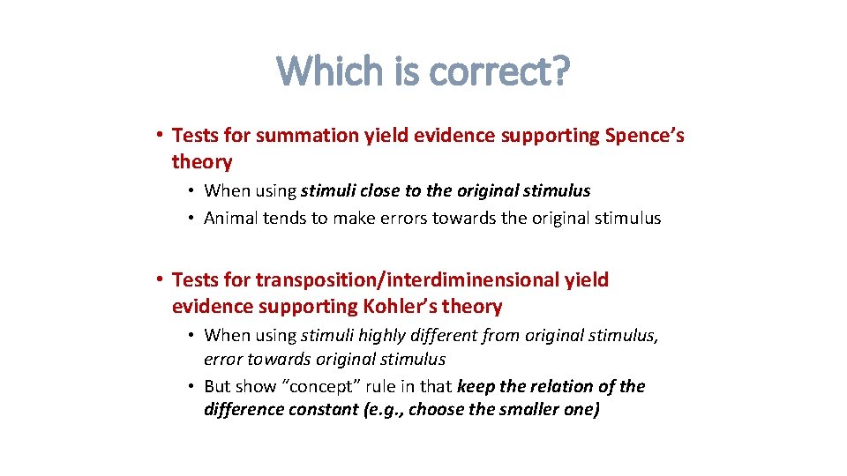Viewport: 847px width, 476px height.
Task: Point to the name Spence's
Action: pyautogui.click(x=645, y=135)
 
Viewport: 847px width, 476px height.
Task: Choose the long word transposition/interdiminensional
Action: pyautogui.click(x=407, y=280)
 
